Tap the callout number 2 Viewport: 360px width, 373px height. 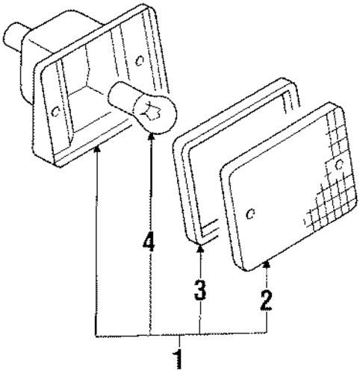(x=266, y=301)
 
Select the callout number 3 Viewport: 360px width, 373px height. (x=200, y=289)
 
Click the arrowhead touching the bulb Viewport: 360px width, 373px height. (x=151, y=137)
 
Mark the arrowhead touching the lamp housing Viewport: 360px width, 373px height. (x=98, y=149)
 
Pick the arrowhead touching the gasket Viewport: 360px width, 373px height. (x=201, y=248)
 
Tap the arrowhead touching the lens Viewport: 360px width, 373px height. (x=267, y=265)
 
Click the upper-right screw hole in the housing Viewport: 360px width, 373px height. (x=140, y=60)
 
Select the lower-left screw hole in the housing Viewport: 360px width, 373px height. (x=55, y=112)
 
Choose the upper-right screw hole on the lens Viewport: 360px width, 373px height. (x=339, y=164)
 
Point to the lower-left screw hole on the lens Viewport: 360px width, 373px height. (x=250, y=213)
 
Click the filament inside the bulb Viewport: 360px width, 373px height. (x=150, y=110)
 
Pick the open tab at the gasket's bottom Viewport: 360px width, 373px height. (x=209, y=230)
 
